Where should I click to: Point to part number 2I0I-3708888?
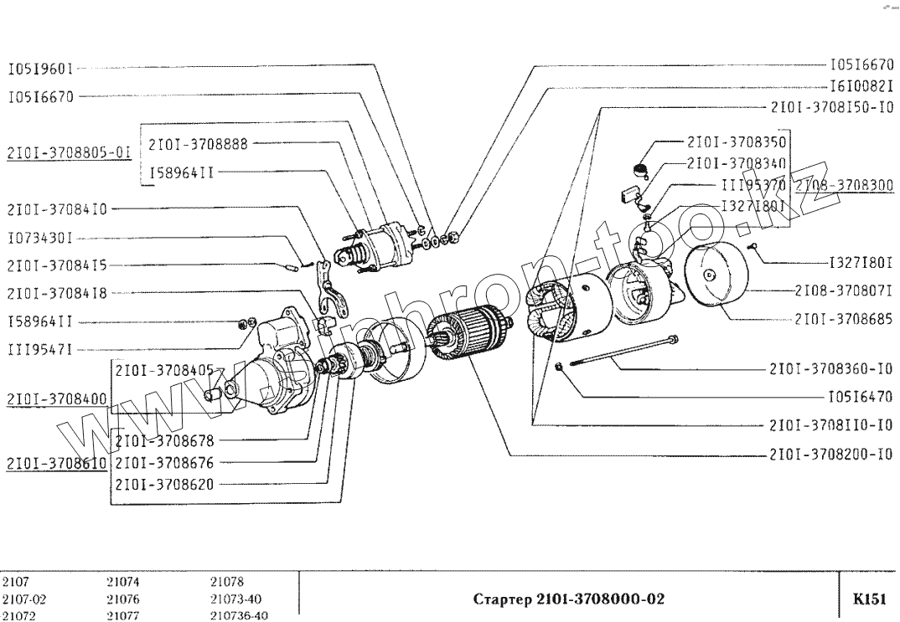click(x=198, y=144)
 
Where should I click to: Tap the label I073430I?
click(x=45, y=238)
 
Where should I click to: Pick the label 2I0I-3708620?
click(x=163, y=483)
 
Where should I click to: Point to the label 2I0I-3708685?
click(x=841, y=319)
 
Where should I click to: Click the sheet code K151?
click(x=869, y=599)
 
